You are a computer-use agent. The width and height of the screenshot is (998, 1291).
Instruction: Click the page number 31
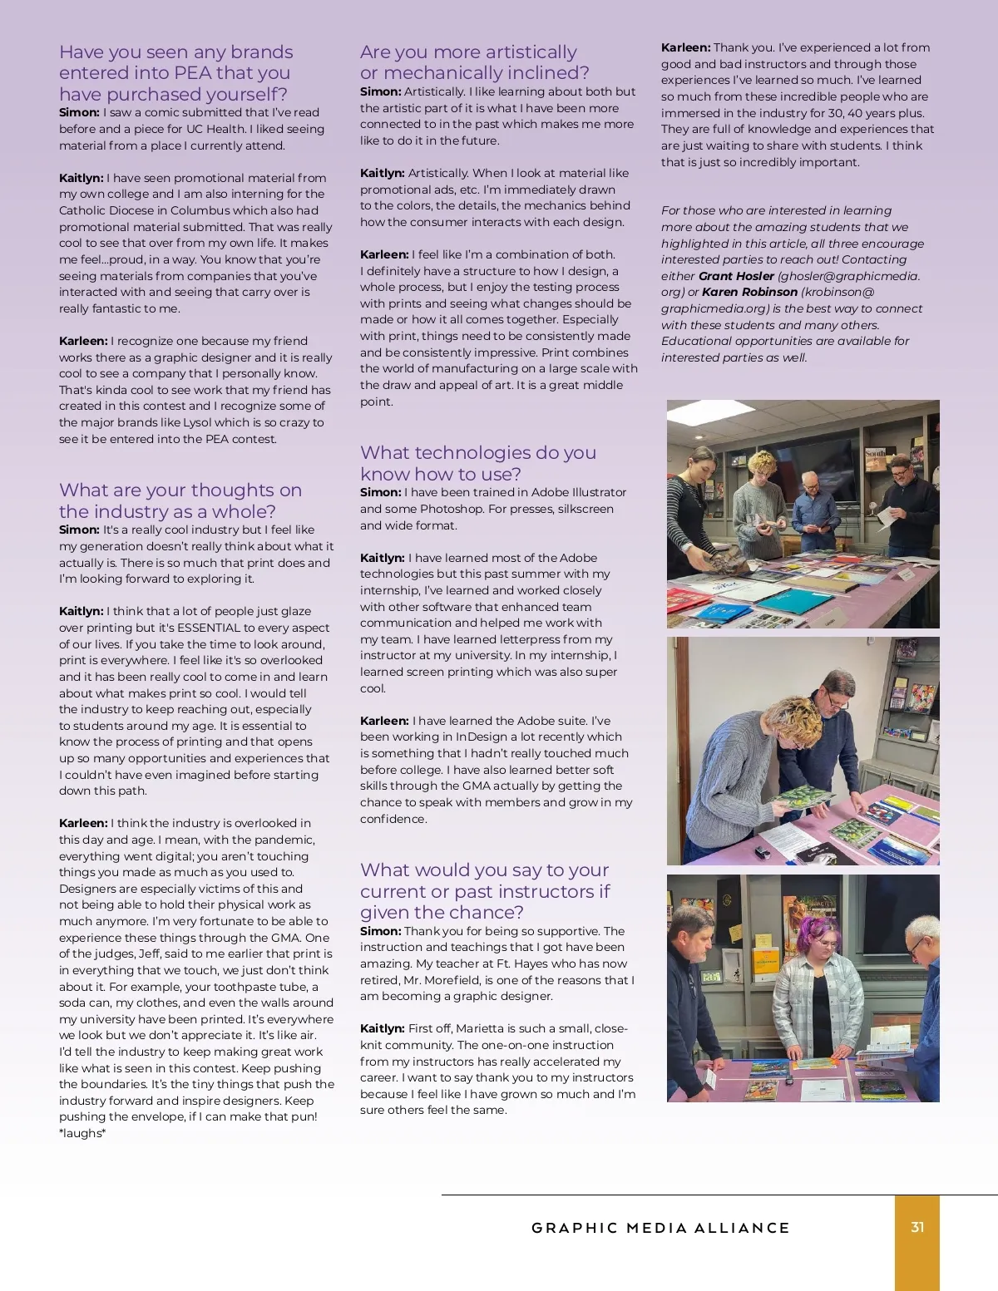point(917,1227)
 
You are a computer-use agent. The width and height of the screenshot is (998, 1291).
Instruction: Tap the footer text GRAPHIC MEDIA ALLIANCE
point(660,1228)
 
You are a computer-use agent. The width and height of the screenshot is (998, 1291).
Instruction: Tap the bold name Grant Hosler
point(736,276)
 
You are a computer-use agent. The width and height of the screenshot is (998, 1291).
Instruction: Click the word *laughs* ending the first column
point(82,1133)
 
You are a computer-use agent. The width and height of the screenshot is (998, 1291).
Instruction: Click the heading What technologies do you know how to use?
point(477,463)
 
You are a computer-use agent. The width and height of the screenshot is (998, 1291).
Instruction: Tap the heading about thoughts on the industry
point(180,500)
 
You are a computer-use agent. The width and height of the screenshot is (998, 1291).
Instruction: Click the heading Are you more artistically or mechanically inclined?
point(474,62)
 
